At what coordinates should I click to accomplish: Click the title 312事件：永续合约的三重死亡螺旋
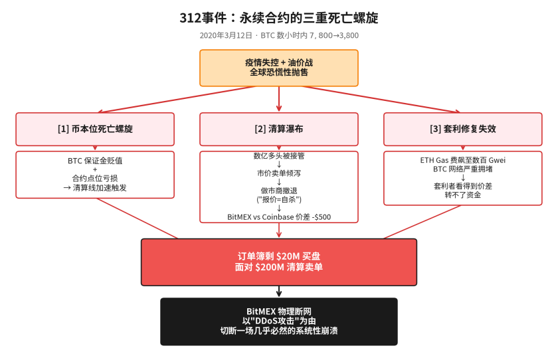point(279,18)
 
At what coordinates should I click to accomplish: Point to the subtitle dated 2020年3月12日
point(279,36)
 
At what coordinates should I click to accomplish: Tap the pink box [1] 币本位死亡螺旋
point(95,129)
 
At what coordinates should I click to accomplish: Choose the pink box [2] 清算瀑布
point(279,129)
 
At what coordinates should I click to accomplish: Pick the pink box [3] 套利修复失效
point(463,129)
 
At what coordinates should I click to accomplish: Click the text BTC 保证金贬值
point(95,161)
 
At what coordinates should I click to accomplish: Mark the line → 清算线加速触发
point(95,188)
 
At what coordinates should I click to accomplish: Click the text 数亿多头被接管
point(279,155)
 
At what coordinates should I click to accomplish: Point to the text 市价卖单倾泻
point(279,173)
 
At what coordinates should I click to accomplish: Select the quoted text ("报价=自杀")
point(279,199)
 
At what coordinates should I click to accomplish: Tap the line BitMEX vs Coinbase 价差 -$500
point(279,217)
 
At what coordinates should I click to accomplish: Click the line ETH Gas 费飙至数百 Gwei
point(463,160)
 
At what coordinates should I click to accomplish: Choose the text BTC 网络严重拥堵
point(463,169)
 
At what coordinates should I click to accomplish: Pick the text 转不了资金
point(463,195)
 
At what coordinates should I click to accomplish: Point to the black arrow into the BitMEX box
point(279,292)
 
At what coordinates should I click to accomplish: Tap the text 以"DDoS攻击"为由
point(279,321)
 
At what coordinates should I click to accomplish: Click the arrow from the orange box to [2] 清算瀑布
point(279,99)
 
